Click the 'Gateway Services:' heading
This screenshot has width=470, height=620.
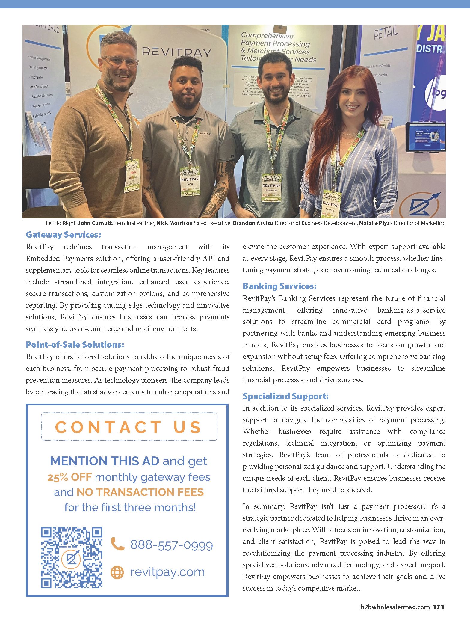[63, 235]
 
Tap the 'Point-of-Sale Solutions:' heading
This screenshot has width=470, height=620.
[75, 345]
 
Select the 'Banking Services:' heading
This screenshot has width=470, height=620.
[279, 286]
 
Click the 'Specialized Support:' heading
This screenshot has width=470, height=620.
[285, 396]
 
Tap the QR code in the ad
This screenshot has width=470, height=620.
[72, 557]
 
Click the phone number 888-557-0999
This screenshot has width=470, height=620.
[172, 545]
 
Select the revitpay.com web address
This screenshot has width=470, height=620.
[167, 572]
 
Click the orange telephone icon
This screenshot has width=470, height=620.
[117, 544]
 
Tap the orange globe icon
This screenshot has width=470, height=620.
[117, 572]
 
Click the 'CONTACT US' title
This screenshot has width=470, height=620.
[129, 427]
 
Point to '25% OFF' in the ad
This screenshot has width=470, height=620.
[69, 477]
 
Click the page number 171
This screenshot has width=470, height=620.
[439, 607]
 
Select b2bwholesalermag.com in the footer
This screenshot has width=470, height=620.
[395, 607]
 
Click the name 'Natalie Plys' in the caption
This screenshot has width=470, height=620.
[374, 223]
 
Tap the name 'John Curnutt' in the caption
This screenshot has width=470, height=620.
[96, 223]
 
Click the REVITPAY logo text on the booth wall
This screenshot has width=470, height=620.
[176, 52]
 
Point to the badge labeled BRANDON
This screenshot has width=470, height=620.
[271, 188]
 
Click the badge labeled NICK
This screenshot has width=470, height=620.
[190, 181]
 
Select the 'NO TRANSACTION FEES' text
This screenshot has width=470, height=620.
[140, 492]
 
